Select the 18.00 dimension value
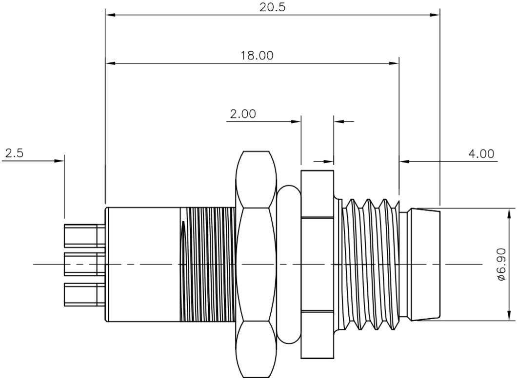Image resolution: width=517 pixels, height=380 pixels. pos(257,55)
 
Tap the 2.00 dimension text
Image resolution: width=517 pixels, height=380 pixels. pos(242,114)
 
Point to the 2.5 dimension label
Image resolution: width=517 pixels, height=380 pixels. pos(14,153)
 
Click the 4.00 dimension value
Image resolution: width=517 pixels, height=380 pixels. pos(481,153)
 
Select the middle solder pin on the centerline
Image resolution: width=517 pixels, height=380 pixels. pos(80,264)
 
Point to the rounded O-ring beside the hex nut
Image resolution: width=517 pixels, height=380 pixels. pos(288,264)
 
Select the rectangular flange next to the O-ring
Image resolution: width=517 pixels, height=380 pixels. pos(317,264)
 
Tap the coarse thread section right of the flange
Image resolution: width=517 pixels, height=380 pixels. pos(371,264)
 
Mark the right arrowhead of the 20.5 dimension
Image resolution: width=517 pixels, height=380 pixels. pos(435,15)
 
